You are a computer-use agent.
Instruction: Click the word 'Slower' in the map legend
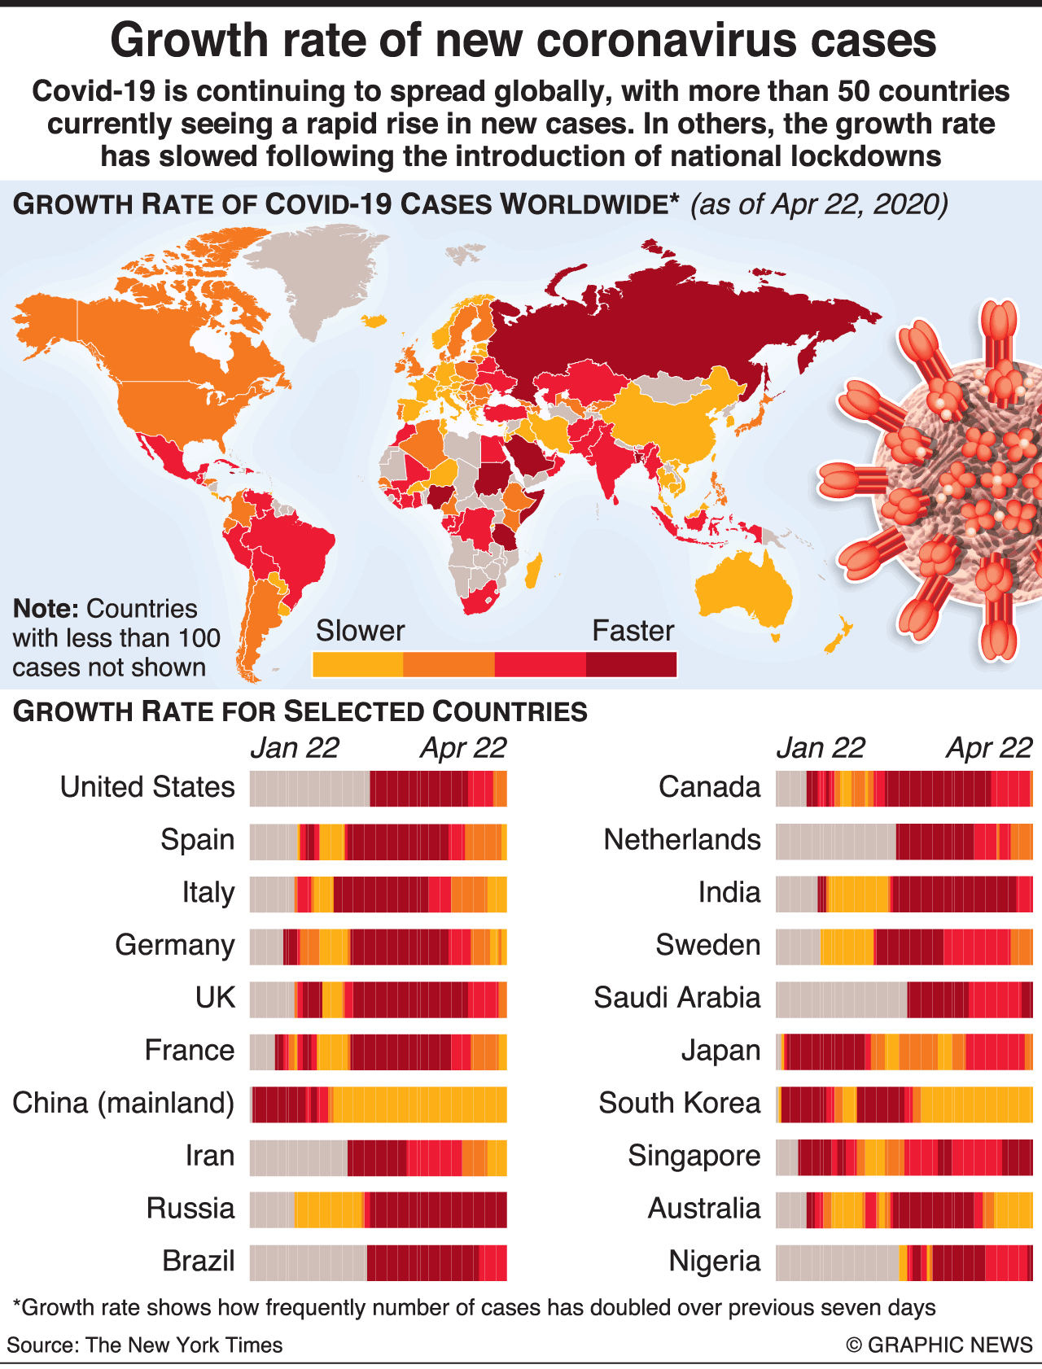click(360, 631)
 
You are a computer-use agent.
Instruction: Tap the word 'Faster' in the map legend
click(633, 631)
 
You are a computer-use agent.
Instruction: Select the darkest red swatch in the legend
click(631, 664)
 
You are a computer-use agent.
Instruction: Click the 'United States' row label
click(147, 787)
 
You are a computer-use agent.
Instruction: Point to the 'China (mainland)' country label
click(124, 1103)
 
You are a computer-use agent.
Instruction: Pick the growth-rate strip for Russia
click(378, 1209)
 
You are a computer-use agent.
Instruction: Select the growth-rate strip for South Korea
click(904, 1104)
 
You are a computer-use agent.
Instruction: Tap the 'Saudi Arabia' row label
click(677, 998)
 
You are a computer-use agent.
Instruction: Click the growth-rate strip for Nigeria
click(904, 1262)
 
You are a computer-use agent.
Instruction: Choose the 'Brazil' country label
click(199, 1261)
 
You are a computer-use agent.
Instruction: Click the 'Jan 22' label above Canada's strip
click(820, 748)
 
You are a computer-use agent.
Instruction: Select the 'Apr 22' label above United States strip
click(463, 748)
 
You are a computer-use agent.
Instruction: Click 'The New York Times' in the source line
click(184, 1345)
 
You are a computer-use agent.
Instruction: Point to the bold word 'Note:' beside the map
click(46, 609)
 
